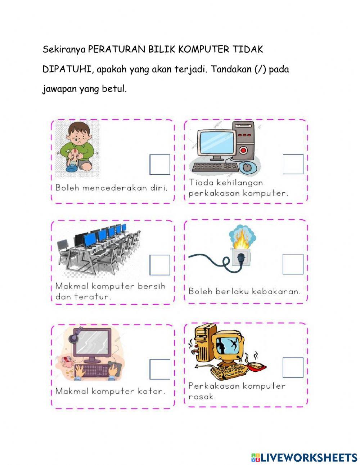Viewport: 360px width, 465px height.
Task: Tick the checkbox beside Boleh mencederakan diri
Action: pos(159,165)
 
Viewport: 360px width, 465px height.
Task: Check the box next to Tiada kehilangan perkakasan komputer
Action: pos(293,164)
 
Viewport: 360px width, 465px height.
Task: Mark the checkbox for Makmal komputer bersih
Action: pos(159,265)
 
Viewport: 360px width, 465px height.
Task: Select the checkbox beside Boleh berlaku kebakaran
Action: pos(293,264)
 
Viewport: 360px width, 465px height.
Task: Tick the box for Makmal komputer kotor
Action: pos(159,369)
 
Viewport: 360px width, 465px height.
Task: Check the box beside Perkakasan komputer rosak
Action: pos(293,367)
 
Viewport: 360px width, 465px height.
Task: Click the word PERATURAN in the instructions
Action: pos(117,49)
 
